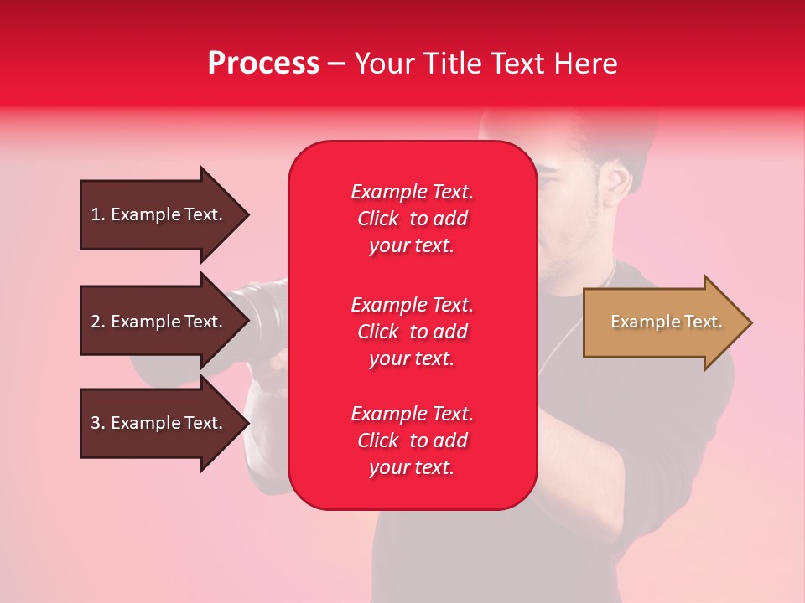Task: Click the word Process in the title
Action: (x=263, y=64)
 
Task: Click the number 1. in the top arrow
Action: (x=98, y=214)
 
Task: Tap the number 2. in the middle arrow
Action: (x=98, y=322)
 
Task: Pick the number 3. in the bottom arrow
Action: (x=98, y=423)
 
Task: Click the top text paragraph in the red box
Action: (x=412, y=219)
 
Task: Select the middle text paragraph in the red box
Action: (x=412, y=332)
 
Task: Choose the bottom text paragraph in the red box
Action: (x=412, y=441)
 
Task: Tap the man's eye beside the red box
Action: (x=549, y=179)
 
